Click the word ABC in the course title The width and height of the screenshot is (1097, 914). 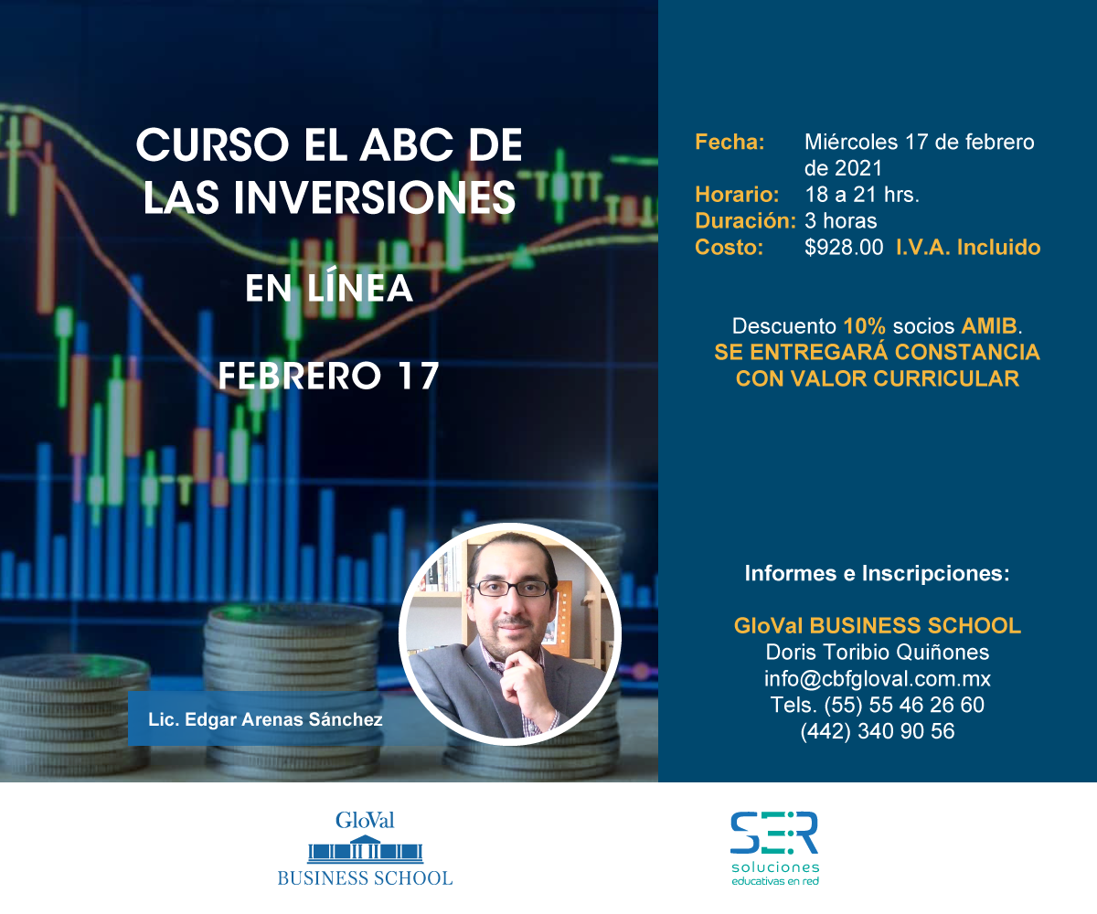406,145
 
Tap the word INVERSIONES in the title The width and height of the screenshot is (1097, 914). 375,197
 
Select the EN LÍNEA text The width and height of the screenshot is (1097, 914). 329,288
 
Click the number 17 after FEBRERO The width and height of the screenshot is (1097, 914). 418,376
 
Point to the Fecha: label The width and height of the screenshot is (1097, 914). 730,142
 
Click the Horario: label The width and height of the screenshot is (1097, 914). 737,195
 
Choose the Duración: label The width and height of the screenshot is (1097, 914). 746,220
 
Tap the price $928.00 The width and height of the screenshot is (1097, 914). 844,248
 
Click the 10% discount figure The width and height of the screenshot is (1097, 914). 864,326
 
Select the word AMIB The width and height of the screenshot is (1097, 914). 989,326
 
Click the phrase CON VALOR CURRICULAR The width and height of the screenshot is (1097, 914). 878,378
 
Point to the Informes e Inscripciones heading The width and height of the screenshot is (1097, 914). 877,573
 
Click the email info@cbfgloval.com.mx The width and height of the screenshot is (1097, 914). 878,679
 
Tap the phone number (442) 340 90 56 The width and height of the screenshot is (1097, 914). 878,731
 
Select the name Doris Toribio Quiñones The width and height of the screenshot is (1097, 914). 878,653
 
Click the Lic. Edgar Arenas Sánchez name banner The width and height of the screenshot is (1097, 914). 265,719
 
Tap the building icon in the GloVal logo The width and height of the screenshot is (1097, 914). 365,848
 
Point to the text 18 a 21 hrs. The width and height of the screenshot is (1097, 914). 862,195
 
